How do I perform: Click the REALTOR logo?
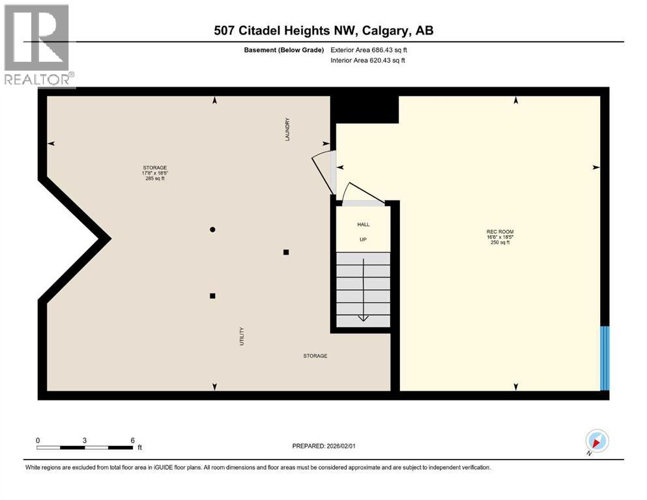pyautogui.click(x=38, y=45)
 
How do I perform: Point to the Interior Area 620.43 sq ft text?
pyautogui.click(x=368, y=61)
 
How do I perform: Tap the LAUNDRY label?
pyautogui.click(x=287, y=129)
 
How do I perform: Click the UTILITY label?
pyautogui.click(x=242, y=336)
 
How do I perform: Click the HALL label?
pyautogui.click(x=363, y=224)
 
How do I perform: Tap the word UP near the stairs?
pyautogui.click(x=363, y=240)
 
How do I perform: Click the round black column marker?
pyautogui.click(x=212, y=229)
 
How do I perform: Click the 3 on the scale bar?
pyautogui.click(x=85, y=440)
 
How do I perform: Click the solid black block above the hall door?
pyautogui.click(x=365, y=109)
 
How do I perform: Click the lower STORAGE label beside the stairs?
pyautogui.click(x=315, y=356)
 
